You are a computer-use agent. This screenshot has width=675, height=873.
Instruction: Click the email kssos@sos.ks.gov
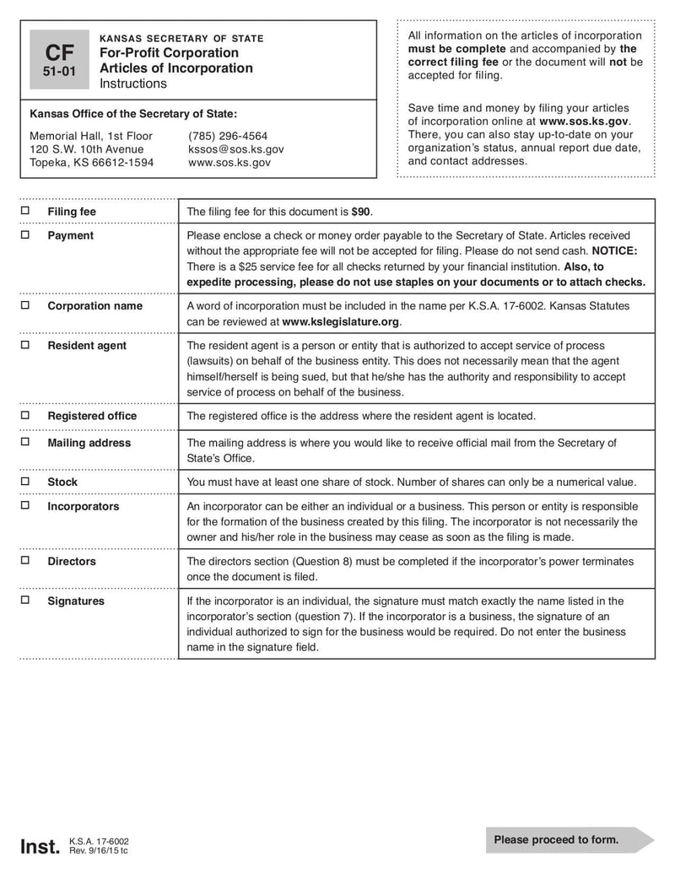(235, 149)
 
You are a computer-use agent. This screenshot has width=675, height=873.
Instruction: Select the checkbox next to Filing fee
(25, 211)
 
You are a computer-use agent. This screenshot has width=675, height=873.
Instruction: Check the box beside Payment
(25, 234)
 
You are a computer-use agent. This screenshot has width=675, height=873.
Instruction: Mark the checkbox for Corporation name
(25, 305)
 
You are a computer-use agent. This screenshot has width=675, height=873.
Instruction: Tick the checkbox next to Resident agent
(25, 345)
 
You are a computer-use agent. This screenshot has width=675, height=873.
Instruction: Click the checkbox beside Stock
(25, 482)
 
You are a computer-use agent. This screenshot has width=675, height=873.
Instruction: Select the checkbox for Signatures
(25, 601)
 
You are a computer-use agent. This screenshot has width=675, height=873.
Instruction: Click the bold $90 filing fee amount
(361, 212)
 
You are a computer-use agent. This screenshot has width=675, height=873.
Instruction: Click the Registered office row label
(92, 416)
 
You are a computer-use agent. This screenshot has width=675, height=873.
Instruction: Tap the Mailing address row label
(89, 443)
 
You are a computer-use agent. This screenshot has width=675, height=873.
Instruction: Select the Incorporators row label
(84, 506)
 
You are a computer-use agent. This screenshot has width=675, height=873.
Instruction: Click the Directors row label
(72, 561)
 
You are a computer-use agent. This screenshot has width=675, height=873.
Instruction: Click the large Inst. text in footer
(40, 846)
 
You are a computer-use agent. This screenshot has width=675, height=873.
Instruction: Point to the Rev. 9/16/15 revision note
(99, 851)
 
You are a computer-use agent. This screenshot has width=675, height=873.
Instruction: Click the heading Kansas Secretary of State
(181, 39)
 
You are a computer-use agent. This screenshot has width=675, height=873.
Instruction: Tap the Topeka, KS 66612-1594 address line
(92, 163)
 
